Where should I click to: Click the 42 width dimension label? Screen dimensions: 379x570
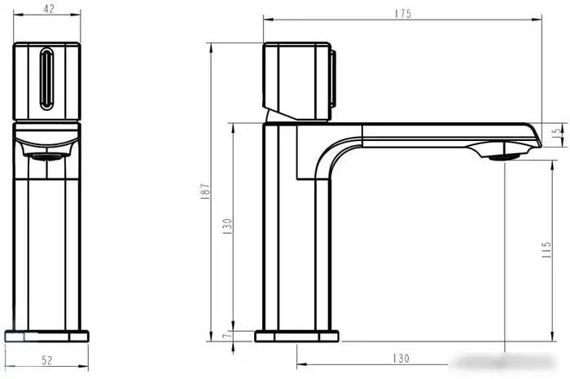click(x=48, y=11)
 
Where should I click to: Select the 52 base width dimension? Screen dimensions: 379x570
click(x=48, y=359)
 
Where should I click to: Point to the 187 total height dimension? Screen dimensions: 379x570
click(x=207, y=191)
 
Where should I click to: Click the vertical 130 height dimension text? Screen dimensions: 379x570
click(x=227, y=224)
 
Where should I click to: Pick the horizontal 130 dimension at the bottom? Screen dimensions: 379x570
click(x=401, y=359)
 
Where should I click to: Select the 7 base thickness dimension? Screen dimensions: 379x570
click(x=228, y=335)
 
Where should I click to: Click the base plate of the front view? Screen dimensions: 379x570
click(x=48, y=335)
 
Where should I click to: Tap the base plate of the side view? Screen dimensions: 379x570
click(x=296, y=335)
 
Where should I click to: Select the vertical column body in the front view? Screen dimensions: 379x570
click(x=48, y=245)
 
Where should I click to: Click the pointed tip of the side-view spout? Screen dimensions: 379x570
click(x=538, y=143)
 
